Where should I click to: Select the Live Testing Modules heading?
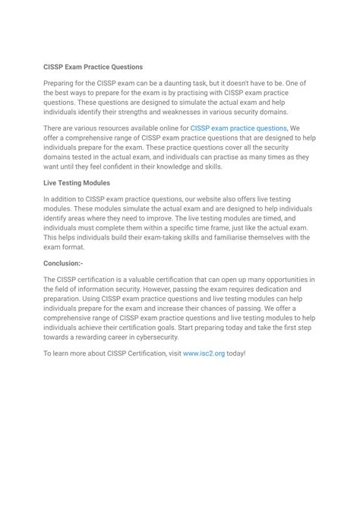[x=77, y=183]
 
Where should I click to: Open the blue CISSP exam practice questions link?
[x=238, y=129]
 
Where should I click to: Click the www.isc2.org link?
[x=204, y=353]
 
